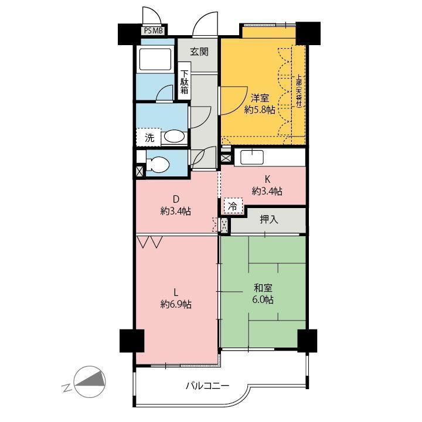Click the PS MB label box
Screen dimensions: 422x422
click(x=154, y=30)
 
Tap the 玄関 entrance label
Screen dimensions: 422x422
click(x=199, y=52)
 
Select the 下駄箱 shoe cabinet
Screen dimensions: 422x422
click(x=185, y=81)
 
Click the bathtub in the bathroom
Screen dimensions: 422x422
click(x=155, y=59)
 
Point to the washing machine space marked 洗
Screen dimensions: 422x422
click(x=149, y=137)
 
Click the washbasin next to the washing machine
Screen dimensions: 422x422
click(x=174, y=137)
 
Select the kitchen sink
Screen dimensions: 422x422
click(x=252, y=157)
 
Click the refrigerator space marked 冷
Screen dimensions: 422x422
click(x=233, y=206)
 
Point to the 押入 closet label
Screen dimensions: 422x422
click(x=268, y=219)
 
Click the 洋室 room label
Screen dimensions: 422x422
click(x=260, y=98)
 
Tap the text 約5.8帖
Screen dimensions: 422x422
click(x=260, y=110)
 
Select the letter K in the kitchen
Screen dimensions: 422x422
click(x=267, y=179)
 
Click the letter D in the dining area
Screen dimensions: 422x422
click(x=176, y=199)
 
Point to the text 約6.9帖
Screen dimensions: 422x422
click(x=176, y=304)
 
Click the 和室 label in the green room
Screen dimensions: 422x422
click(x=263, y=288)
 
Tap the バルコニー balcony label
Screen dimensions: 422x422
click(x=207, y=386)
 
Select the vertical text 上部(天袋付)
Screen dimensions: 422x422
click(x=299, y=90)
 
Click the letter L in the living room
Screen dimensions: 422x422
click(x=176, y=292)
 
